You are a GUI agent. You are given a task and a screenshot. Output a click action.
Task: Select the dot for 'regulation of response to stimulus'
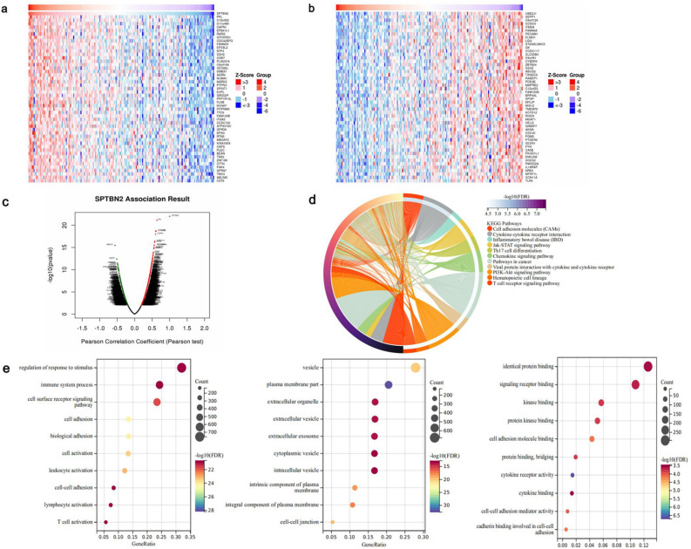tap(181, 367)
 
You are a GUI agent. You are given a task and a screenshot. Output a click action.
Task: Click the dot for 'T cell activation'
tap(105, 523)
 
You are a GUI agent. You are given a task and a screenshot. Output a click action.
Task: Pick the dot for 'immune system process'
tap(159, 384)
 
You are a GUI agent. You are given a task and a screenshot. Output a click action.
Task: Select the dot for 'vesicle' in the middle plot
tap(416, 368)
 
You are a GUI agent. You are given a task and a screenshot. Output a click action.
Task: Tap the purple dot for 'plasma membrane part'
tap(389, 384)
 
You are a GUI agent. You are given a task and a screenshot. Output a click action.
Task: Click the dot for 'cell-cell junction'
tap(332, 523)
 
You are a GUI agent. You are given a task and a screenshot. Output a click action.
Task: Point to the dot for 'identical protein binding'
tap(647, 367)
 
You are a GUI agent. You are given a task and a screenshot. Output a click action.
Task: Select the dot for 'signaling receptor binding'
tap(635, 384)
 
